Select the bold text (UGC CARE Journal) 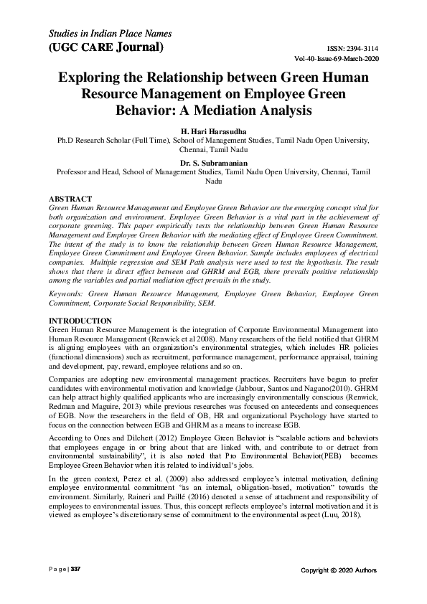105,48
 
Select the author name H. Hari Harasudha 213,131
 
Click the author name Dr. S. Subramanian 213,163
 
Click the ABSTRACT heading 70,197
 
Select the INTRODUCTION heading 80,319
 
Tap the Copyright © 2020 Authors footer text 338,570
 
